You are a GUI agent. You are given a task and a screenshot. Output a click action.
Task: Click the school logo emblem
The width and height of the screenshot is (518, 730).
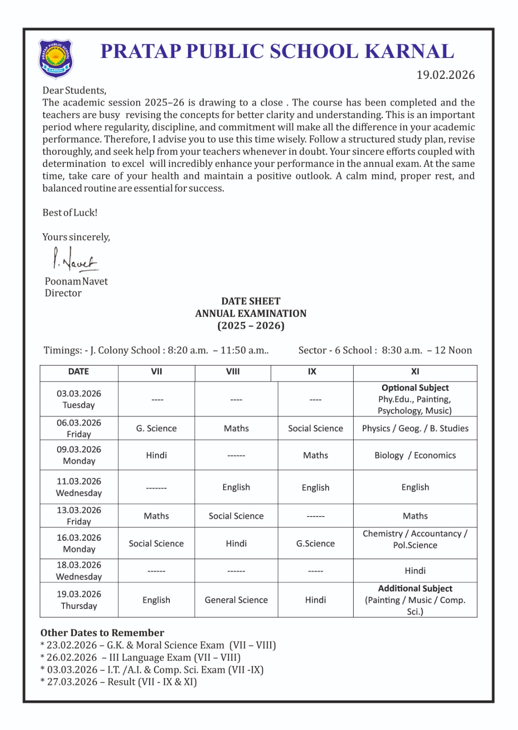click(x=56, y=58)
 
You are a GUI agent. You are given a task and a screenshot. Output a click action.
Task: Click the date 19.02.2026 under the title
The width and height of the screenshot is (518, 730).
click(x=445, y=75)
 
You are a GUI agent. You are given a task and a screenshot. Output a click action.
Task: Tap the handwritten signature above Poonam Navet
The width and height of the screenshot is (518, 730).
click(x=74, y=260)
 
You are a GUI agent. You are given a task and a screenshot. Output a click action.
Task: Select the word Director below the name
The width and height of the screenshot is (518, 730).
click(x=63, y=293)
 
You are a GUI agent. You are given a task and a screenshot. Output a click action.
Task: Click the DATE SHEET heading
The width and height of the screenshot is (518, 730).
click(x=251, y=301)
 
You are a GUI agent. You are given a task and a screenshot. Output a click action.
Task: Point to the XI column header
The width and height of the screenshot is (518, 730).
click(x=415, y=372)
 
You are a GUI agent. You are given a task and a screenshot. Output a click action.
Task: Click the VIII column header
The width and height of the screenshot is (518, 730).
click(x=233, y=372)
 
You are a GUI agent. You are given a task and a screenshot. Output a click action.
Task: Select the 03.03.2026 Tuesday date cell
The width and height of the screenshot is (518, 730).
click(x=79, y=399)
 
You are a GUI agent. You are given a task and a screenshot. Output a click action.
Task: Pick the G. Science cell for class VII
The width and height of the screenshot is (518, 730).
click(x=156, y=428)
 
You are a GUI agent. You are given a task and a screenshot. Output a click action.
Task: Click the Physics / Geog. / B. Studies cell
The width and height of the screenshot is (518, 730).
click(x=415, y=428)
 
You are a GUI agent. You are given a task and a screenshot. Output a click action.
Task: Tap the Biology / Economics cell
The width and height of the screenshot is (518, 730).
click(x=415, y=455)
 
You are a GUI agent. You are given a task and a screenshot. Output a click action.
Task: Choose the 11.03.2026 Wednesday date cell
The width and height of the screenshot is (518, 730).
click(x=79, y=487)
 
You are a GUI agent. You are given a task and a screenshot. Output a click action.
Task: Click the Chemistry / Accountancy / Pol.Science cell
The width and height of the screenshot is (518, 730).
click(x=415, y=539)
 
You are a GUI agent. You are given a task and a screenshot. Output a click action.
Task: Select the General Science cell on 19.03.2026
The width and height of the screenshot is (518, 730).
click(x=236, y=600)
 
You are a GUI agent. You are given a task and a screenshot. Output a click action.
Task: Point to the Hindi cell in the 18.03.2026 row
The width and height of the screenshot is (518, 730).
click(x=415, y=571)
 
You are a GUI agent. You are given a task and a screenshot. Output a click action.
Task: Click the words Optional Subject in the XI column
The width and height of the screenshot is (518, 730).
click(x=415, y=388)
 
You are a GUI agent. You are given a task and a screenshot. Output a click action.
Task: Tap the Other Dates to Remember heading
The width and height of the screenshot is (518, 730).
click(x=102, y=633)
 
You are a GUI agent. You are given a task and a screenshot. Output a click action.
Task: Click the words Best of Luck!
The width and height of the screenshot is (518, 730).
click(x=70, y=213)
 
